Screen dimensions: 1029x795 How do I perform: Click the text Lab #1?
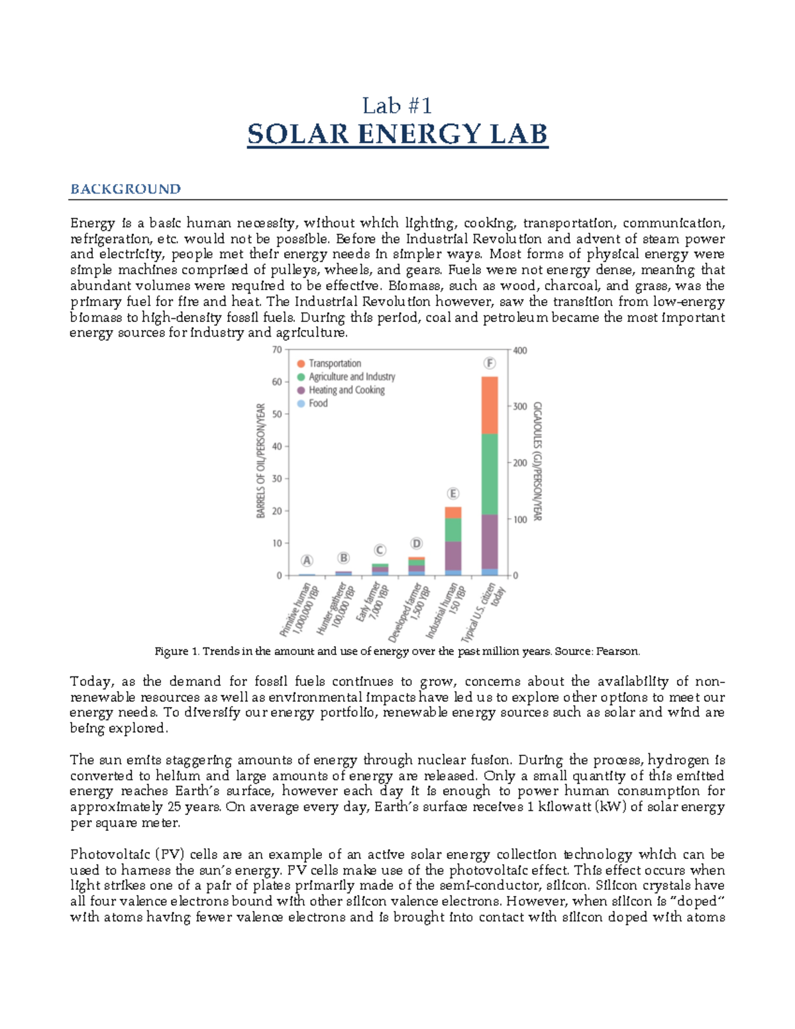(397, 105)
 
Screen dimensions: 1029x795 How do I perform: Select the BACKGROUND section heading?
(125, 190)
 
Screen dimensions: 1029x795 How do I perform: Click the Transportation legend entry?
(335, 364)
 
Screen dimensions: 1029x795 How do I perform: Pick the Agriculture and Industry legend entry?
(351, 377)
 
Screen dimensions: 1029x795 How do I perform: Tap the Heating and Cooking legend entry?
(346, 390)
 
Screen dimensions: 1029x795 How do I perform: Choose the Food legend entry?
(318, 404)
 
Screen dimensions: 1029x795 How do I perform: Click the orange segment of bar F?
(490, 405)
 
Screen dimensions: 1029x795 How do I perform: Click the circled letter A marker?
(307, 561)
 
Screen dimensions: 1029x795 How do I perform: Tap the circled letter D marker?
(416, 543)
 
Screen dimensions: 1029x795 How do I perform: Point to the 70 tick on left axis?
(277, 350)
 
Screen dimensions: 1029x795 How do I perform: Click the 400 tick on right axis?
(520, 351)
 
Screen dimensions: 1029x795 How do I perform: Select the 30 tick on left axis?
(277, 478)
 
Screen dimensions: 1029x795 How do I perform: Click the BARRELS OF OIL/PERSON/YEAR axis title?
(261, 461)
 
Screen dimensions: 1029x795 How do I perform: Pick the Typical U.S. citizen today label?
(485, 612)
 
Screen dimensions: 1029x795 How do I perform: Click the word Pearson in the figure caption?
(617, 651)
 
